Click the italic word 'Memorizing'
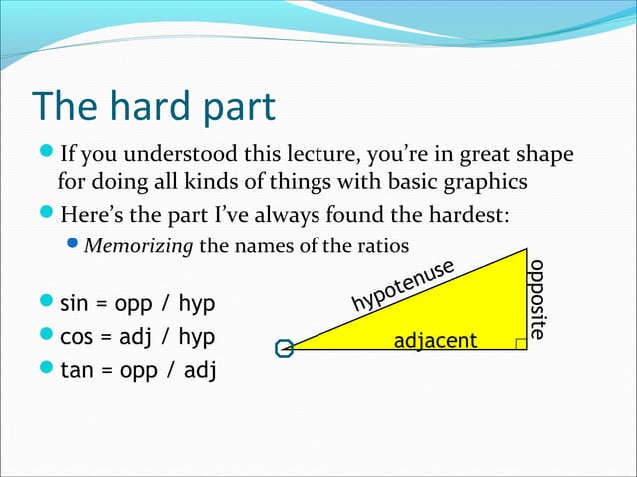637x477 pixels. pos(139,245)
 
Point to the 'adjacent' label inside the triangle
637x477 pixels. pos(436,342)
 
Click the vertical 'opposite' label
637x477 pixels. pos(538,299)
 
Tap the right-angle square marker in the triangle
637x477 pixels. pos(520,343)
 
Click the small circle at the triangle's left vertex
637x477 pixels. pos(285,349)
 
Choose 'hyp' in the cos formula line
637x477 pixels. pos(196,337)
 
